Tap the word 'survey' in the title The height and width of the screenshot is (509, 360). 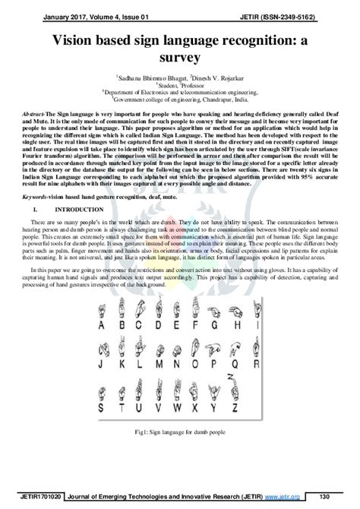pos(179,57)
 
